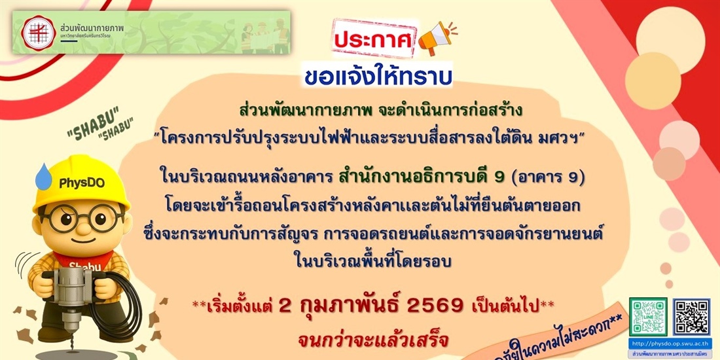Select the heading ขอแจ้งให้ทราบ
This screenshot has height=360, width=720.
(x=378, y=75)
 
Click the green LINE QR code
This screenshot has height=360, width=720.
(x=648, y=316)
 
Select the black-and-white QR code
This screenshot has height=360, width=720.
(x=691, y=316)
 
